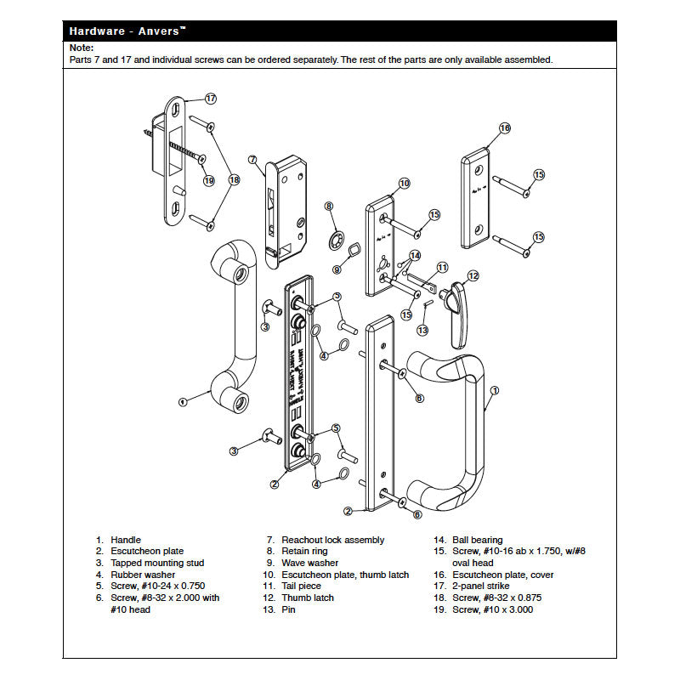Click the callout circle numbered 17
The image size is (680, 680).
point(210,99)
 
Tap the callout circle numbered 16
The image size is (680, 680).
point(504,127)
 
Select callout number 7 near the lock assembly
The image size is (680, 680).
point(252,159)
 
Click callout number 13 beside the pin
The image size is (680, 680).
point(422,330)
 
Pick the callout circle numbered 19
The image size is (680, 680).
point(209,180)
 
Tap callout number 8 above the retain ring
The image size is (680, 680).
point(329,206)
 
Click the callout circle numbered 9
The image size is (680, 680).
point(337,269)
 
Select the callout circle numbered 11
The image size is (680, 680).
point(442,267)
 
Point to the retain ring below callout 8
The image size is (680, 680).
point(337,235)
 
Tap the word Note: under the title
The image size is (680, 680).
point(82,48)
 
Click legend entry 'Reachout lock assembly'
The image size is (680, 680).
point(332,540)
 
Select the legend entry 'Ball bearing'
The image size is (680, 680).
point(476,540)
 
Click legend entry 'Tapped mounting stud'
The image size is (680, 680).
point(157,563)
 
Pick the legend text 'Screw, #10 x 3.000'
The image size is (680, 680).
point(493,609)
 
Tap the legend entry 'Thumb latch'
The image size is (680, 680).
point(308,598)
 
